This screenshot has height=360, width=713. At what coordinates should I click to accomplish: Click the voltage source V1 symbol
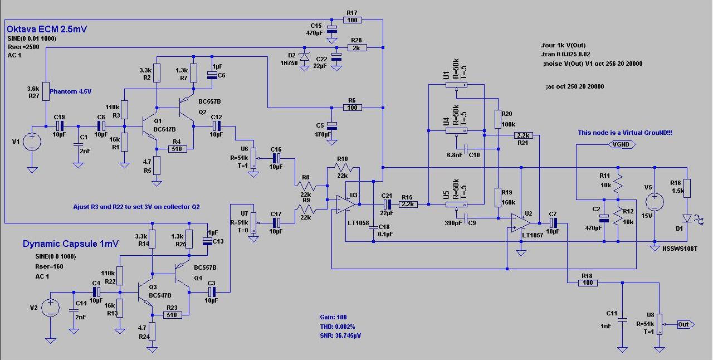[x=32, y=142]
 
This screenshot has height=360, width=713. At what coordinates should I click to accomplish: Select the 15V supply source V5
[x=655, y=202]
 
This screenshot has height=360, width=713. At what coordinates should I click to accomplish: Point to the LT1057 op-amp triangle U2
[x=521, y=223]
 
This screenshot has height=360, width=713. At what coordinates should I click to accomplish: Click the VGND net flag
[x=622, y=145]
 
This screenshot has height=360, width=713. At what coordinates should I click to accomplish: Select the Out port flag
[x=686, y=325]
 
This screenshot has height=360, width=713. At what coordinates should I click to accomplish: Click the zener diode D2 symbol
[x=305, y=57]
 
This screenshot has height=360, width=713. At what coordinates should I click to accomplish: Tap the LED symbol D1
[x=687, y=218]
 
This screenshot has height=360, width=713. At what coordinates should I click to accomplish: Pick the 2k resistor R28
[x=357, y=48]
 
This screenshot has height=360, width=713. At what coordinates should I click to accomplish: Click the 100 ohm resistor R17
[x=353, y=20]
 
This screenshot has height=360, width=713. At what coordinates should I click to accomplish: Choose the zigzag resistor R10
[x=343, y=167]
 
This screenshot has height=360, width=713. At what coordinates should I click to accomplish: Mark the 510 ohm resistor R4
[x=177, y=149]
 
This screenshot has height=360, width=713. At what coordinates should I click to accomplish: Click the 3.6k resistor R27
[x=46, y=91]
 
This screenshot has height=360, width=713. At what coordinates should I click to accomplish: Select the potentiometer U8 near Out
[x=659, y=324]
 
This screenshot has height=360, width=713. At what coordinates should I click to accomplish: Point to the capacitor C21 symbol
[x=387, y=204]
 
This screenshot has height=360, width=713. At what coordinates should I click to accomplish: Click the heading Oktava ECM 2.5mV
[x=47, y=30]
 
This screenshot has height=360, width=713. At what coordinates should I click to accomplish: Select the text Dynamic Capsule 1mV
[x=71, y=244]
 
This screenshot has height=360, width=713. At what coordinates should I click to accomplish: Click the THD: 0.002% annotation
[x=338, y=327]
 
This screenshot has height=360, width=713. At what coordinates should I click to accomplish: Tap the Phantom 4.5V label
[x=71, y=91]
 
